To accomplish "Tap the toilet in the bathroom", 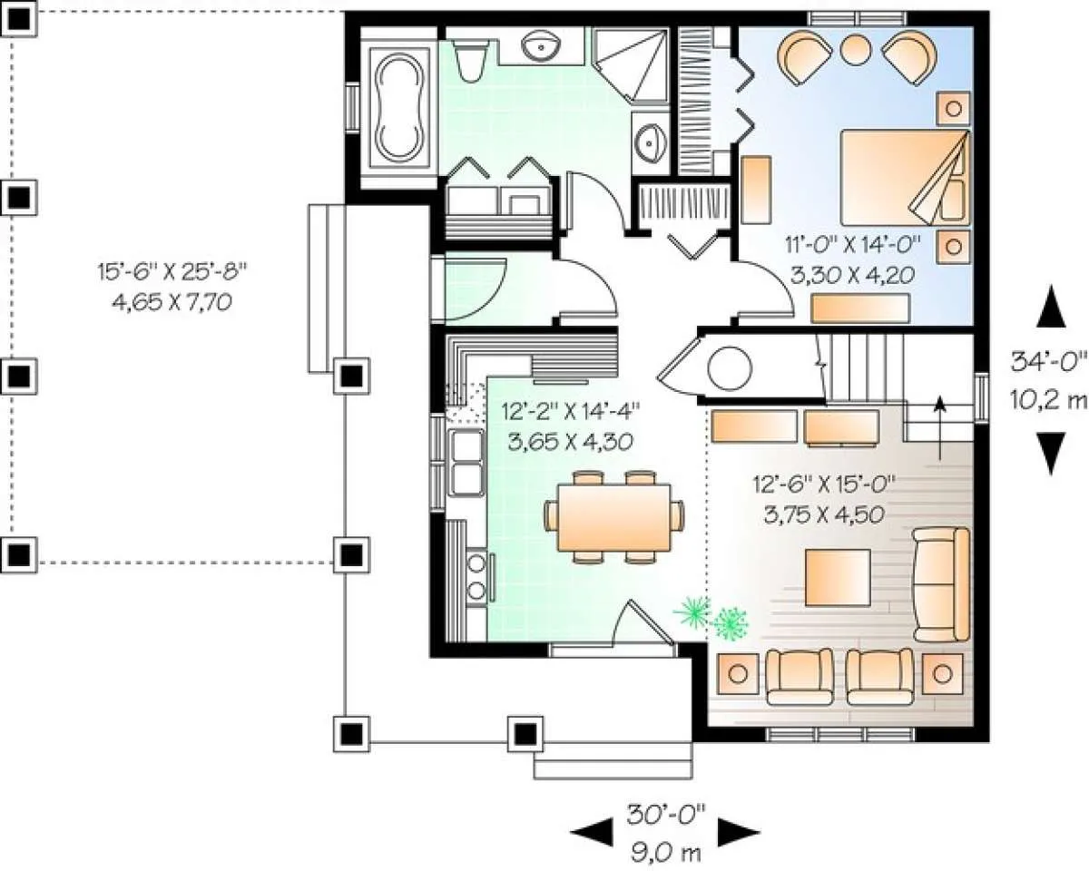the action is [x=470, y=61].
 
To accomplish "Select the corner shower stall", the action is [x=631, y=66].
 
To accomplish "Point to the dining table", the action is [x=614, y=518].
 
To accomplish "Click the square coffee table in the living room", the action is [x=838, y=577].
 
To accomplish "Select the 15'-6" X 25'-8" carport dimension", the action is [x=172, y=272].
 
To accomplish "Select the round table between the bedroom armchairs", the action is [x=856, y=49].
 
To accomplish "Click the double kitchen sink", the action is [x=466, y=463].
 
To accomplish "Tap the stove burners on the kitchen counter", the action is [x=476, y=576].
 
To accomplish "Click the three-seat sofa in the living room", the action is [x=941, y=584].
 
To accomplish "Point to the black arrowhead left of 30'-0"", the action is [x=592, y=831].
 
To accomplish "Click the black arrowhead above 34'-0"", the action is [x=1051, y=306].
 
